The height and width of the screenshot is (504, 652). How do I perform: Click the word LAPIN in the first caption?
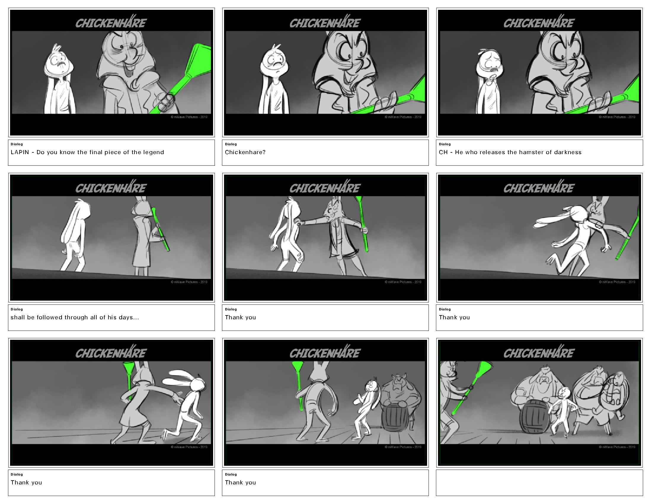coord(20,152)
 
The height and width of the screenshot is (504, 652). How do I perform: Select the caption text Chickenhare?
coord(245,152)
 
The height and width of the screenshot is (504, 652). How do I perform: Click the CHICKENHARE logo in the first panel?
coord(111,22)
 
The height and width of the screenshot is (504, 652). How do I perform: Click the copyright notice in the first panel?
coord(189,117)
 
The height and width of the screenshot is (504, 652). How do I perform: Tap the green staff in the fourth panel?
coord(161,229)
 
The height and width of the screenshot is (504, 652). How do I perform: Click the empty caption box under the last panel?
coord(539,483)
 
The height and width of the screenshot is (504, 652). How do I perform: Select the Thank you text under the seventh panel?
coord(26,482)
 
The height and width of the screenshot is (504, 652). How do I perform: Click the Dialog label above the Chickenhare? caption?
coord(231,144)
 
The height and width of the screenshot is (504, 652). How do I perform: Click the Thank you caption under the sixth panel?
coord(454,318)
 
